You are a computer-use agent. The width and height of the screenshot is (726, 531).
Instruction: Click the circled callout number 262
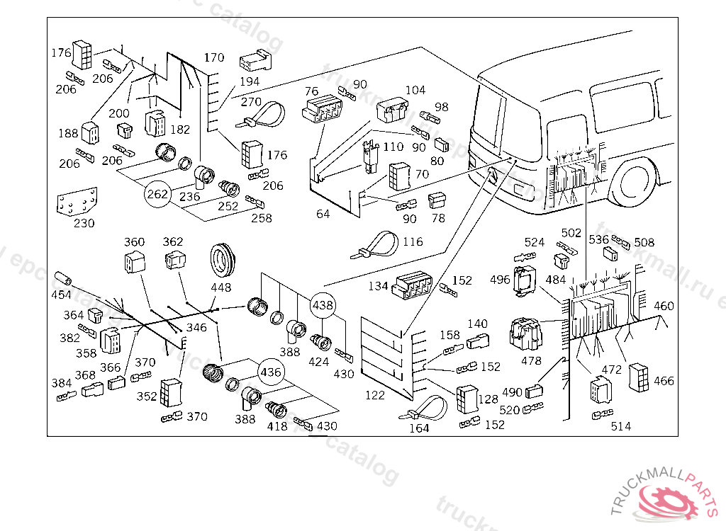tap(157, 193)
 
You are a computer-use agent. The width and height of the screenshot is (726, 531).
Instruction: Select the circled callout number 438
tap(323, 305)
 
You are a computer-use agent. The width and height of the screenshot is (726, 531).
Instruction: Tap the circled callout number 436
tap(271, 371)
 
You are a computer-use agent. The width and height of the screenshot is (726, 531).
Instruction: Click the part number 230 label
tap(84, 222)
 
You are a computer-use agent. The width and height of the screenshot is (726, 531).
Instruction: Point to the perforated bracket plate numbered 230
tap(77, 202)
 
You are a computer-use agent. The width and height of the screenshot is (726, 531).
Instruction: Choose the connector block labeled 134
tap(412, 285)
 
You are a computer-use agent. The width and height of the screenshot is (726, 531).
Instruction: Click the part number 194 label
tap(250, 82)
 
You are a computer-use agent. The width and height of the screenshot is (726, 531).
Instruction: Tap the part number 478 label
tap(531, 360)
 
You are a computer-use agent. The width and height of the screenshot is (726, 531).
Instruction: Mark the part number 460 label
tap(664, 307)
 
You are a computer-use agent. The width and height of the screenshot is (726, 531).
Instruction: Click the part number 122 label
tap(375, 395)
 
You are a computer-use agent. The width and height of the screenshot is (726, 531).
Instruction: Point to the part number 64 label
tap(323, 213)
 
